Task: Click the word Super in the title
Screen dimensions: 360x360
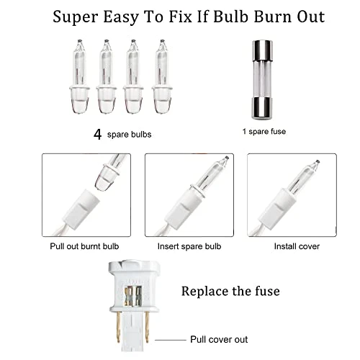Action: (81, 15)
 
